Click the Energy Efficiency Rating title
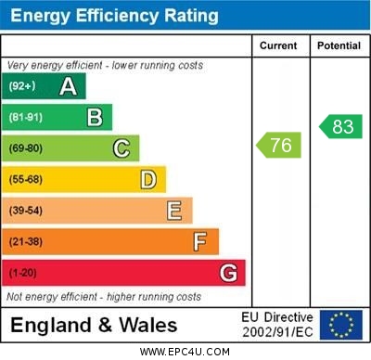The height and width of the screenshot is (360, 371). click(114, 16)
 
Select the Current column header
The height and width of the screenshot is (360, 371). click(278, 45)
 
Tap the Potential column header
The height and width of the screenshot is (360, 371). click(339, 45)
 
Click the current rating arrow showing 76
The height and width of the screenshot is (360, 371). click(278, 145)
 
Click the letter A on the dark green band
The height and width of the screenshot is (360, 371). click(68, 86)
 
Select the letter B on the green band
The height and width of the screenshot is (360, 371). click(95, 117)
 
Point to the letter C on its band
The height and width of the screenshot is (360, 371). click(122, 148)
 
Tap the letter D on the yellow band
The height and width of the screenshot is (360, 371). click(147, 179)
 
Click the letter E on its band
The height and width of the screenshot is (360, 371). click(174, 211)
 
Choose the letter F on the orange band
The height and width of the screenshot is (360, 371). click(200, 241)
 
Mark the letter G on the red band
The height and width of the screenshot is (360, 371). click(227, 273)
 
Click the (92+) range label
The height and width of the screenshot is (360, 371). click(22, 86)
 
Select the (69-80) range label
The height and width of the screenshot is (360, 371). click(26, 148)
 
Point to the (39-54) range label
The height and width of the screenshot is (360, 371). click(26, 211)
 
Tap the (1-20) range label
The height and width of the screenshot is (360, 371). click(23, 273)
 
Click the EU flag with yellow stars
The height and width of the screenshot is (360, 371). click(341, 325)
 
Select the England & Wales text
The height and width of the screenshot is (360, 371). click(94, 325)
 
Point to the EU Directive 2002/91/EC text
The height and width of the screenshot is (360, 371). click(277, 325)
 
